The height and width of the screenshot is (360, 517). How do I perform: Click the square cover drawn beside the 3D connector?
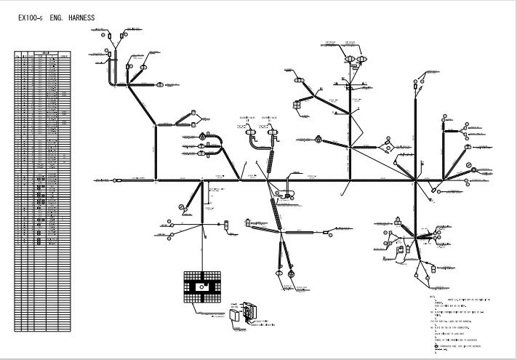[234, 316]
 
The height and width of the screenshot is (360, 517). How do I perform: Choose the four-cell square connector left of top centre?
[297, 105]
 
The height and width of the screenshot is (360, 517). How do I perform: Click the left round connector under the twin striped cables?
[278, 272]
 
